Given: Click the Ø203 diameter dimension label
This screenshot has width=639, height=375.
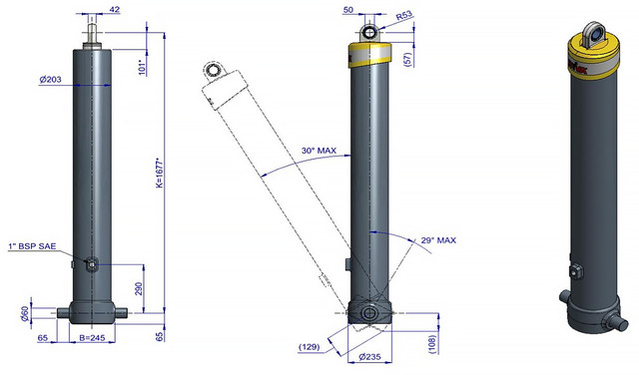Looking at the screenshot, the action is (51, 80).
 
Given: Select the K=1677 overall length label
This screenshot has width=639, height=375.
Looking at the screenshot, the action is (160, 173).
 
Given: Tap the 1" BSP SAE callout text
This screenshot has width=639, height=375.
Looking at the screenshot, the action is (32, 246).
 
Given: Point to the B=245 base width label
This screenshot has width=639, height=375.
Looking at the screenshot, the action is (92, 337).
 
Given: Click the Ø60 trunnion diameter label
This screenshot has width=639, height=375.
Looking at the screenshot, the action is (25, 313).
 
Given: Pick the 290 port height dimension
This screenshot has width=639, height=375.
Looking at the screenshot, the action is (139, 288).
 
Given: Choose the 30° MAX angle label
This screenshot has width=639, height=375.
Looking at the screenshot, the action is (319, 151).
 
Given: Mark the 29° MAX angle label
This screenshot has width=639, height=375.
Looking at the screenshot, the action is (438, 240).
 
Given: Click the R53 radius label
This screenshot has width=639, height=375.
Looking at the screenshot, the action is (404, 16).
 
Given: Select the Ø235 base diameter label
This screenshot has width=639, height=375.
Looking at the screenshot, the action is (369, 357).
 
